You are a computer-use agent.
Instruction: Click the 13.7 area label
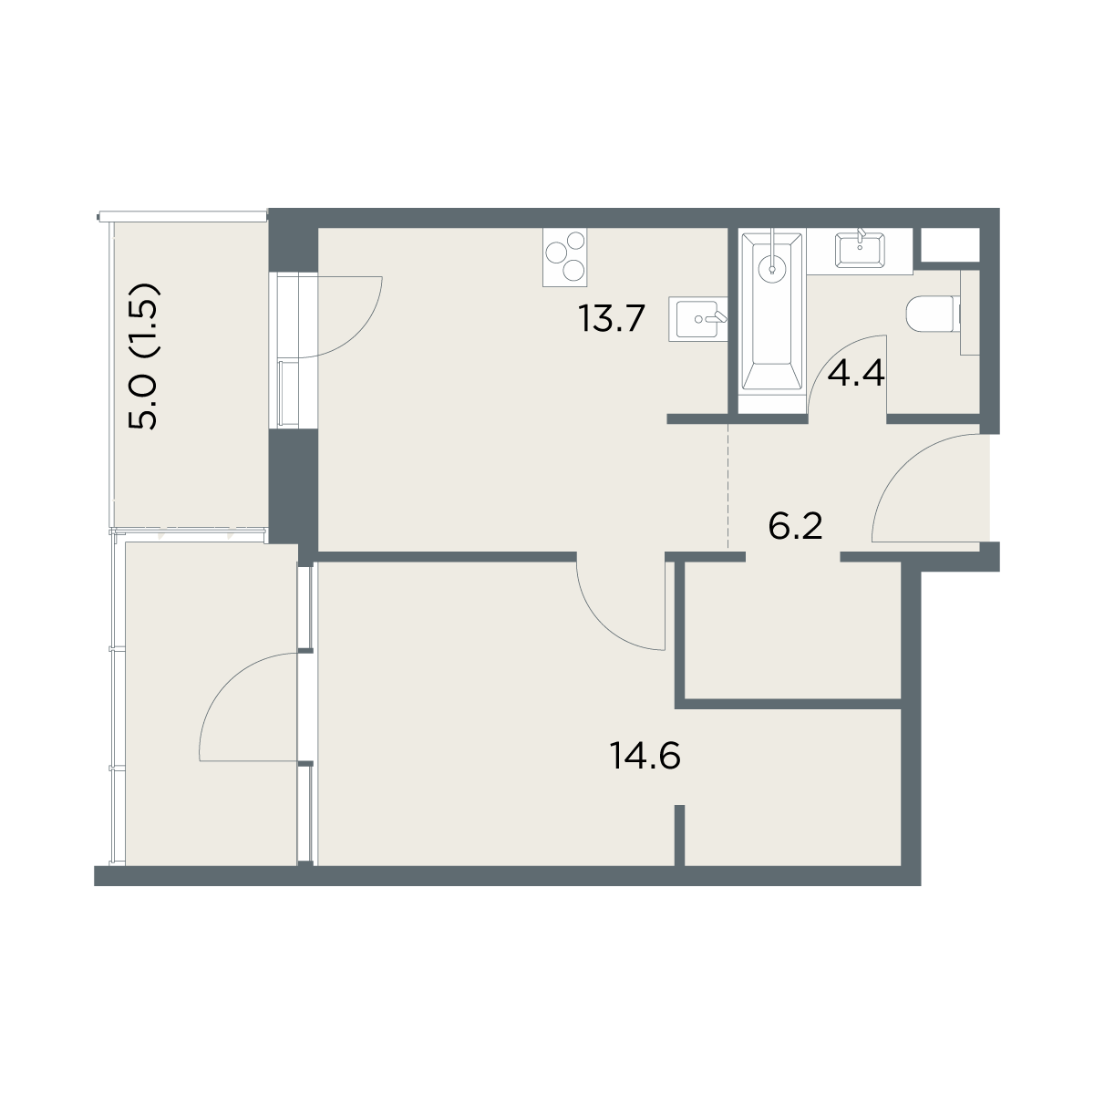(612, 318)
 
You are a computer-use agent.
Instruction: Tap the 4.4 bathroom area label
(856, 374)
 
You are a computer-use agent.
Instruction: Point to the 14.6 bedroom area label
(645, 756)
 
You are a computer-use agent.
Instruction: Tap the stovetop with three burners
(565, 257)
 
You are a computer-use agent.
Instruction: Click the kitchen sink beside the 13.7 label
(697, 318)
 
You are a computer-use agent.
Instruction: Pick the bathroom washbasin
(860, 250)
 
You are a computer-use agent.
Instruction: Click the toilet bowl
(934, 315)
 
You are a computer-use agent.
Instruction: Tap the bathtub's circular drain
(771, 264)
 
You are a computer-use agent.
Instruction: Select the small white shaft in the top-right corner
(950, 245)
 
